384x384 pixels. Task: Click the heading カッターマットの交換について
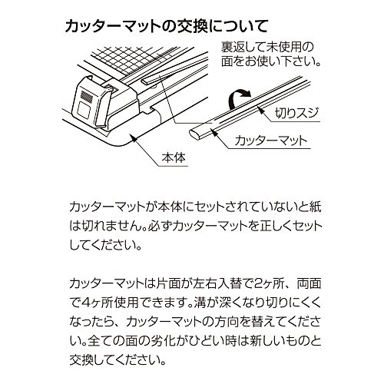[167, 26]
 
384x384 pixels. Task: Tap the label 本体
[174, 157]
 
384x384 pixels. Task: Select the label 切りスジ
[296, 113]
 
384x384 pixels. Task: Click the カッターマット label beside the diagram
[270, 141]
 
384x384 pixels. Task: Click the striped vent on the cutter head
[87, 96]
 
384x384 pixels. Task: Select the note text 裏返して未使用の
[267, 48]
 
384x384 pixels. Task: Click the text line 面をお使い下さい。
[271, 61]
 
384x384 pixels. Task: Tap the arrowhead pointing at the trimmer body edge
[134, 137]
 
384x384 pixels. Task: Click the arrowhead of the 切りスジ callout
[260, 110]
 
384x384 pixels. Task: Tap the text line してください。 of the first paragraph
[105, 245]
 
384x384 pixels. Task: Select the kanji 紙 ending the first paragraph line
[315, 207]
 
